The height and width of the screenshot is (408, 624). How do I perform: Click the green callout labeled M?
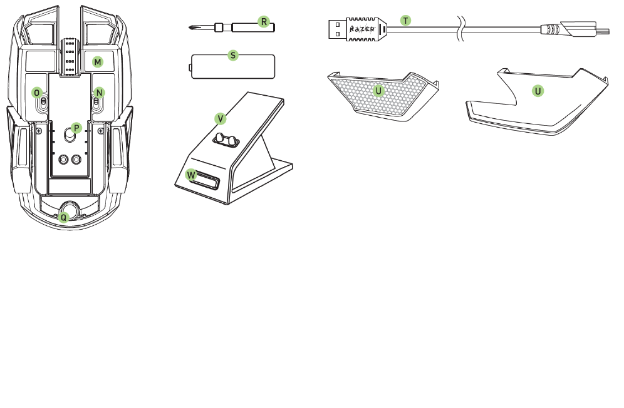point(98,62)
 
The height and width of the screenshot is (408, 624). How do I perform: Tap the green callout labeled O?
point(37,93)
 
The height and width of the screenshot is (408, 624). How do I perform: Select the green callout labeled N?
point(99,93)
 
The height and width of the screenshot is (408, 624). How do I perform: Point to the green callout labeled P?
point(76,128)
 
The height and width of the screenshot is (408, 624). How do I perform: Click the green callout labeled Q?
point(64,218)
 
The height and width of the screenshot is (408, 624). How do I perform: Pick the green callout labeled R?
point(264,22)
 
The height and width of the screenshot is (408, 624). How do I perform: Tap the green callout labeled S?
point(233,56)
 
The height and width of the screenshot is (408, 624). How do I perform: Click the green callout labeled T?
point(405,21)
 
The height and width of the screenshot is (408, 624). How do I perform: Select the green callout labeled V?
point(220,118)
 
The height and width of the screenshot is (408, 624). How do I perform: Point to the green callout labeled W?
point(192,175)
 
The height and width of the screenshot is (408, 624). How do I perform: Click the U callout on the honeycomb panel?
point(378,91)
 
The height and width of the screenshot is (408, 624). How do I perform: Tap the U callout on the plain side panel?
point(538,91)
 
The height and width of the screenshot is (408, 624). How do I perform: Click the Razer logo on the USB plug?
point(361,29)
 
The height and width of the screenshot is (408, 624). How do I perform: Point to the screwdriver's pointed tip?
point(189,28)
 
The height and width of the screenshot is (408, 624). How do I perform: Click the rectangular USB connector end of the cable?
point(337,29)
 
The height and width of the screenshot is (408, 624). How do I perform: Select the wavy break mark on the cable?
point(461,29)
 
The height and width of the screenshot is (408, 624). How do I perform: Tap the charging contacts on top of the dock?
point(226,140)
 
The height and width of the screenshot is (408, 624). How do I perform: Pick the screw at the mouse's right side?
point(101,131)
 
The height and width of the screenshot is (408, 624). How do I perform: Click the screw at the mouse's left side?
point(39,131)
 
